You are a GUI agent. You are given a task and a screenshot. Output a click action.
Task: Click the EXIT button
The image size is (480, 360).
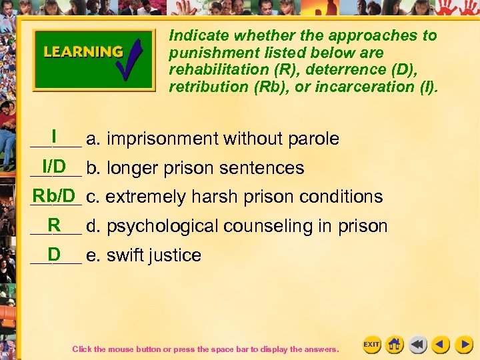(x=371, y=345)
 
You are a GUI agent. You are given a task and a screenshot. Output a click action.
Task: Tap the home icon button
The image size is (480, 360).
(x=395, y=345)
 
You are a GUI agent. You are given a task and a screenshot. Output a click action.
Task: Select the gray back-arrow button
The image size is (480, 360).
(x=418, y=345)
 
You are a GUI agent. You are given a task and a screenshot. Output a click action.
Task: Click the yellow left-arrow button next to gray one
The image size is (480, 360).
(x=441, y=345)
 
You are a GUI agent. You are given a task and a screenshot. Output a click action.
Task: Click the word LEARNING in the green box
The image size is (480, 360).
(x=83, y=52)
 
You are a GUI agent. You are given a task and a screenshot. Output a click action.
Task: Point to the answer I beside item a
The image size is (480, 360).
(x=53, y=135)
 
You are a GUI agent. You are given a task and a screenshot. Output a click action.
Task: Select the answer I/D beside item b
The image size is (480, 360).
(x=53, y=165)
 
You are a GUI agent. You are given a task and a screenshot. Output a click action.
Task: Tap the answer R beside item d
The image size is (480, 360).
(x=54, y=224)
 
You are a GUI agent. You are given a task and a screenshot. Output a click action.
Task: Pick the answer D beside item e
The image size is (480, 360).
(x=54, y=253)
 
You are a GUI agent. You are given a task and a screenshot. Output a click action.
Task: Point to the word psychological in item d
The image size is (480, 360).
(x=163, y=227)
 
